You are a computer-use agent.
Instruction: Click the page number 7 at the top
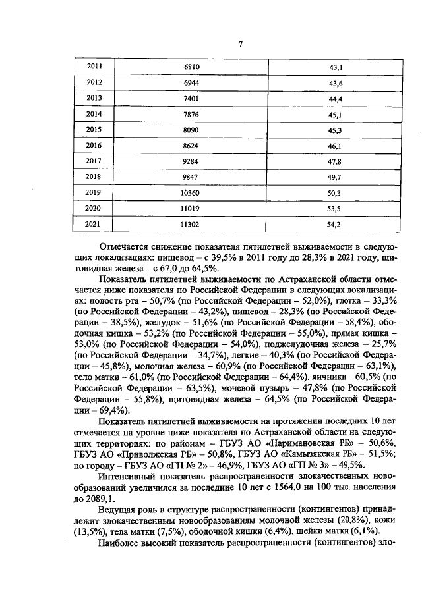241,44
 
